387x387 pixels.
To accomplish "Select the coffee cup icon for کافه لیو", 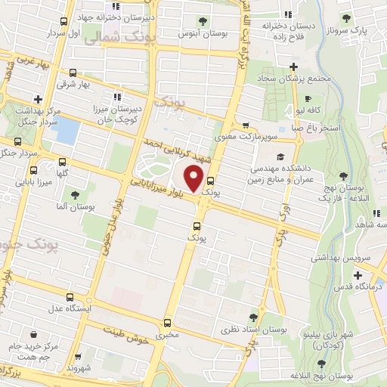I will [x=308, y=98].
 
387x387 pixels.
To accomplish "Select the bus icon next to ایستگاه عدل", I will [x=70, y=297].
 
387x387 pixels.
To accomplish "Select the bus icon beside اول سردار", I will [x=63, y=22].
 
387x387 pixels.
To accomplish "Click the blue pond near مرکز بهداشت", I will [x=66, y=131].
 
